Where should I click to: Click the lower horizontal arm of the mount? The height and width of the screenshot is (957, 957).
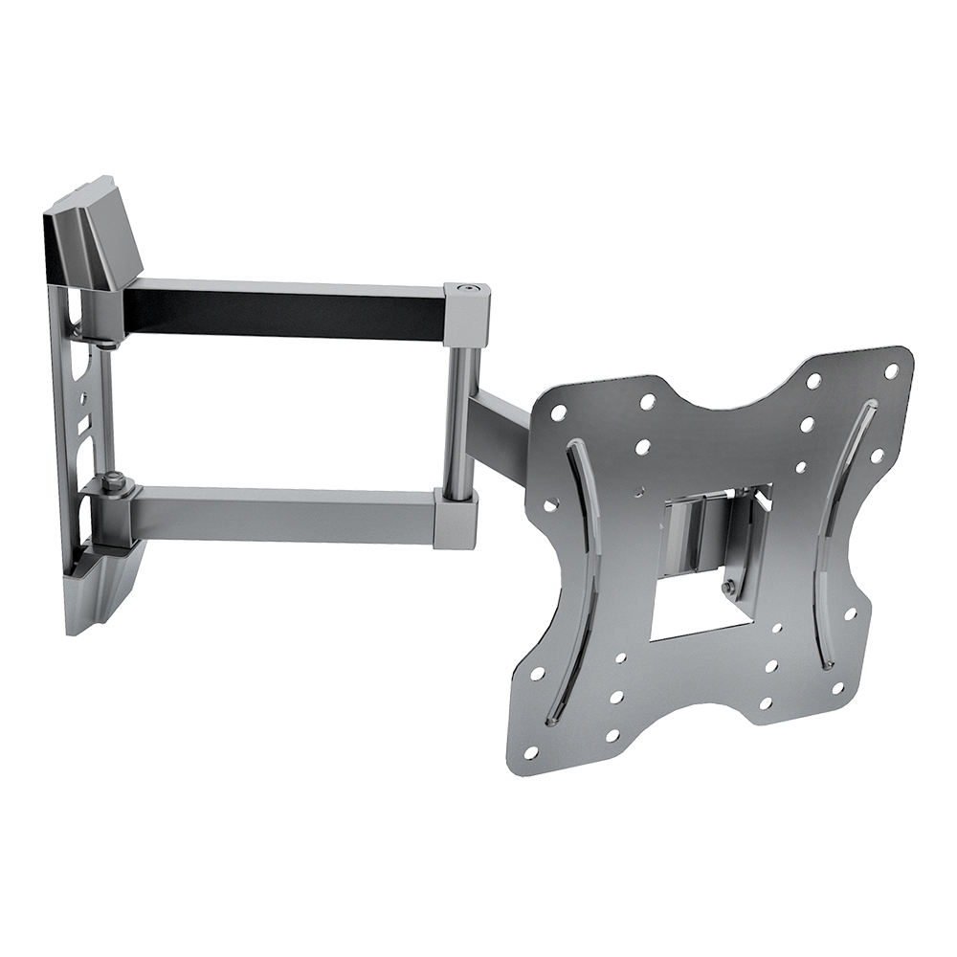pyautogui.click(x=287, y=512)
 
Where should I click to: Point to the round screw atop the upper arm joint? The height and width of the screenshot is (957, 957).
pyautogui.click(x=465, y=287)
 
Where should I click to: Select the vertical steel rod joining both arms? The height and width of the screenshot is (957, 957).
pyautogui.click(x=458, y=412)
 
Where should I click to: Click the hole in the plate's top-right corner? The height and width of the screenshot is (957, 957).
pyautogui.click(x=891, y=369)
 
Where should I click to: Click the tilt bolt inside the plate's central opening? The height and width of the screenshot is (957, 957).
pyautogui.click(x=730, y=586)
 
